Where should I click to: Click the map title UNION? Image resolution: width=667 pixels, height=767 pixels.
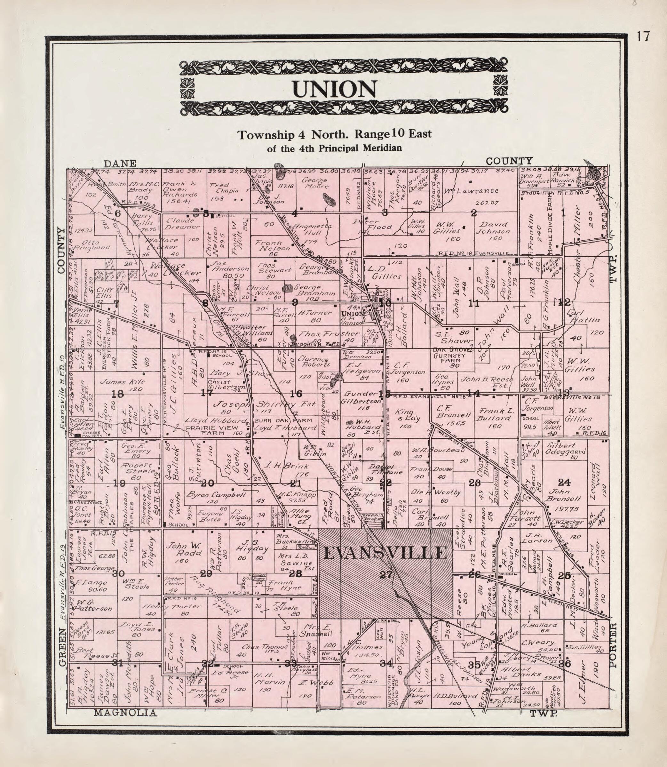tap(334, 89)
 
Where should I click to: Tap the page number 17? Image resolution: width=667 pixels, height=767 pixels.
tap(643, 36)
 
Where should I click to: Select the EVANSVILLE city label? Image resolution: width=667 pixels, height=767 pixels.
tap(385, 553)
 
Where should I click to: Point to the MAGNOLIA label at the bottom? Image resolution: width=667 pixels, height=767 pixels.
tap(125, 713)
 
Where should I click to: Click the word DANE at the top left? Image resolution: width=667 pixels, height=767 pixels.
tap(120, 164)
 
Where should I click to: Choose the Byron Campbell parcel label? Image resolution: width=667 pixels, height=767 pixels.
tap(216, 495)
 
